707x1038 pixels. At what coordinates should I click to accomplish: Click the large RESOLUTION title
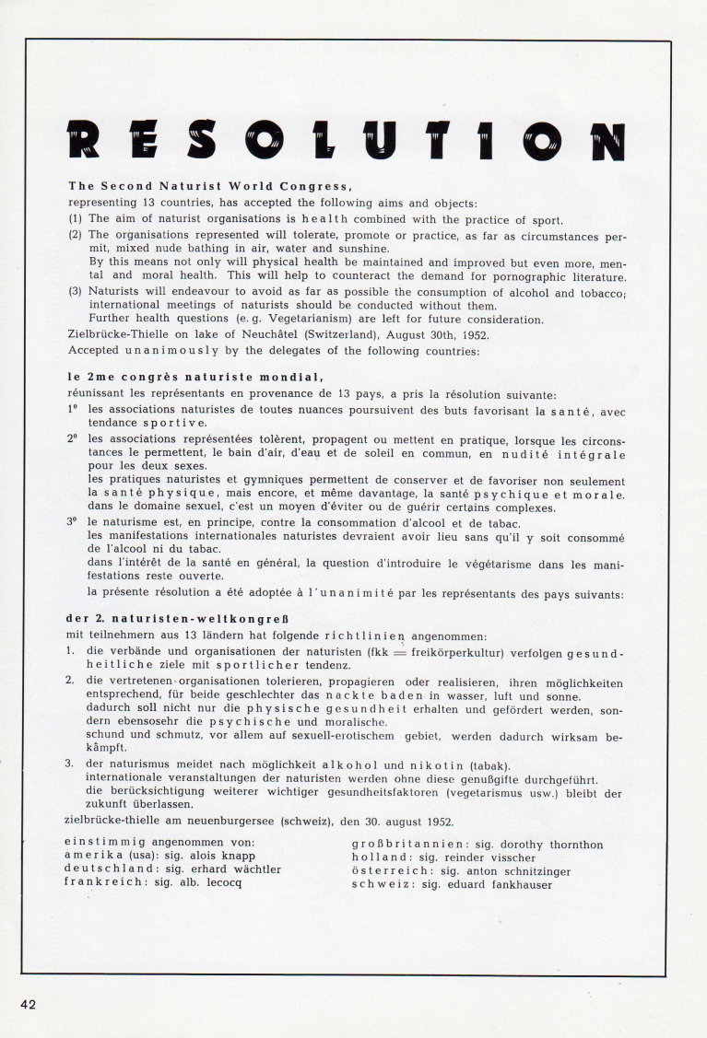click(347, 139)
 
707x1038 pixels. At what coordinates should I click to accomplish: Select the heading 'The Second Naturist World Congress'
click(210, 184)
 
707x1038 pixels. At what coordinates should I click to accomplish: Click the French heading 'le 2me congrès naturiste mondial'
click(194, 376)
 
